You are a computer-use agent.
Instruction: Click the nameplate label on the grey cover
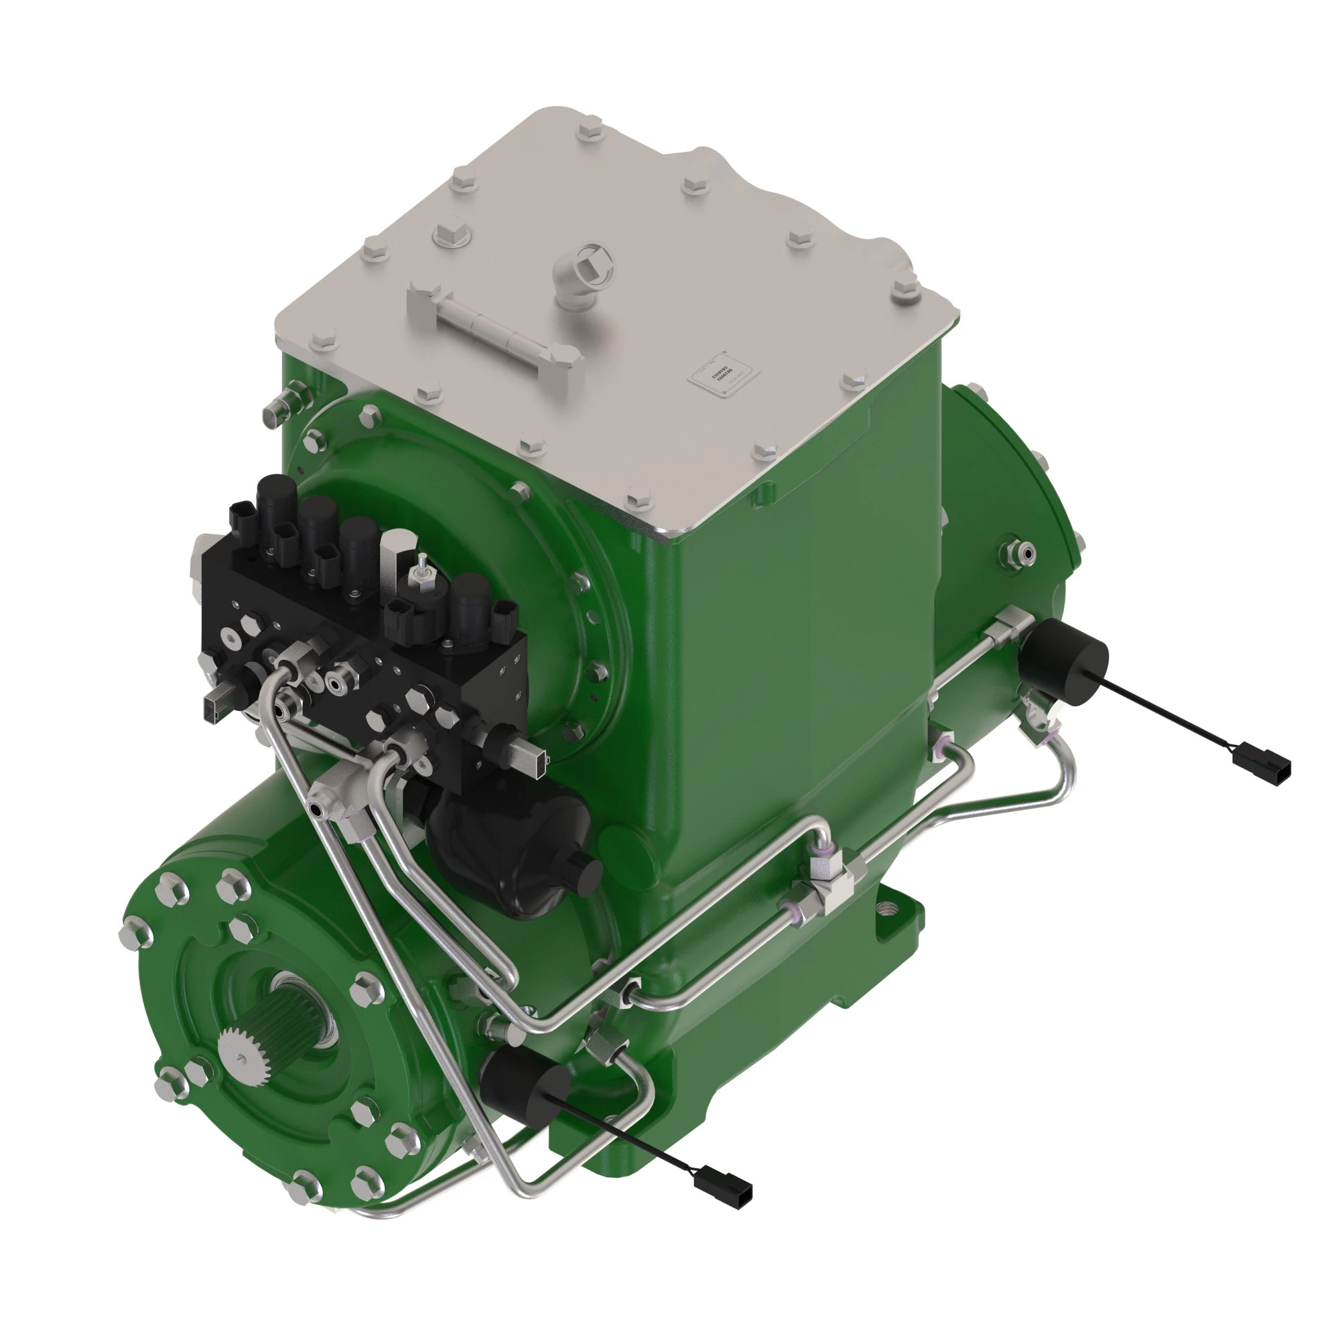point(724,378)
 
